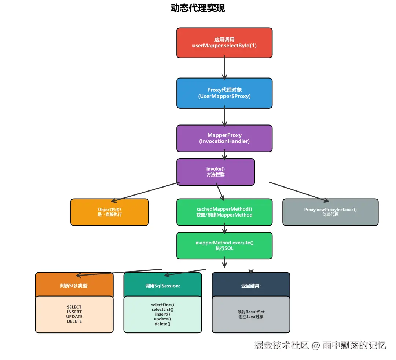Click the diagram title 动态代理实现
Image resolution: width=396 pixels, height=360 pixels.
click(x=198, y=8)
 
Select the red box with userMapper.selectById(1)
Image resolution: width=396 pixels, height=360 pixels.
click(x=224, y=43)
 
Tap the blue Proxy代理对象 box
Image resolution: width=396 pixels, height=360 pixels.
click(x=224, y=93)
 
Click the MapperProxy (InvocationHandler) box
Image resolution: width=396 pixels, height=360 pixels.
click(x=224, y=138)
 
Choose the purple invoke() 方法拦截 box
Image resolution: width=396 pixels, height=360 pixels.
click(x=216, y=172)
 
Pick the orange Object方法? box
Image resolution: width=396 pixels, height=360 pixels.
click(x=110, y=212)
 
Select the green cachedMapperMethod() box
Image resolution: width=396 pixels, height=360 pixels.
click(x=224, y=212)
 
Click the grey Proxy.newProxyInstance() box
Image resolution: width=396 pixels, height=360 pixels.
click(x=330, y=212)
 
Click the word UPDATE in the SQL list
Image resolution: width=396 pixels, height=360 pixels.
click(x=74, y=317)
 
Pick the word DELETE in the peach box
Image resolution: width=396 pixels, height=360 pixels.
click(x=74, y=321)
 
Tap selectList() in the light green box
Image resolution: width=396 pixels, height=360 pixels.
click(x=163, y=309)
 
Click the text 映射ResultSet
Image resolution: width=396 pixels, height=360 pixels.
click(x=251, y=312)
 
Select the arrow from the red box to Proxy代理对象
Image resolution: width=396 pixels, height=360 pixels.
click(x=224, y=68)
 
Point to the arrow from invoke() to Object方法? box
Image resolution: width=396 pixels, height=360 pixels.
click(x=146, y=192)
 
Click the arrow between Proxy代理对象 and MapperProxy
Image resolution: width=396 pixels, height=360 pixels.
click(x=224, y=117)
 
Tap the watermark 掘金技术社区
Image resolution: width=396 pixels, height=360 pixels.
click(x=281, y=345)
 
